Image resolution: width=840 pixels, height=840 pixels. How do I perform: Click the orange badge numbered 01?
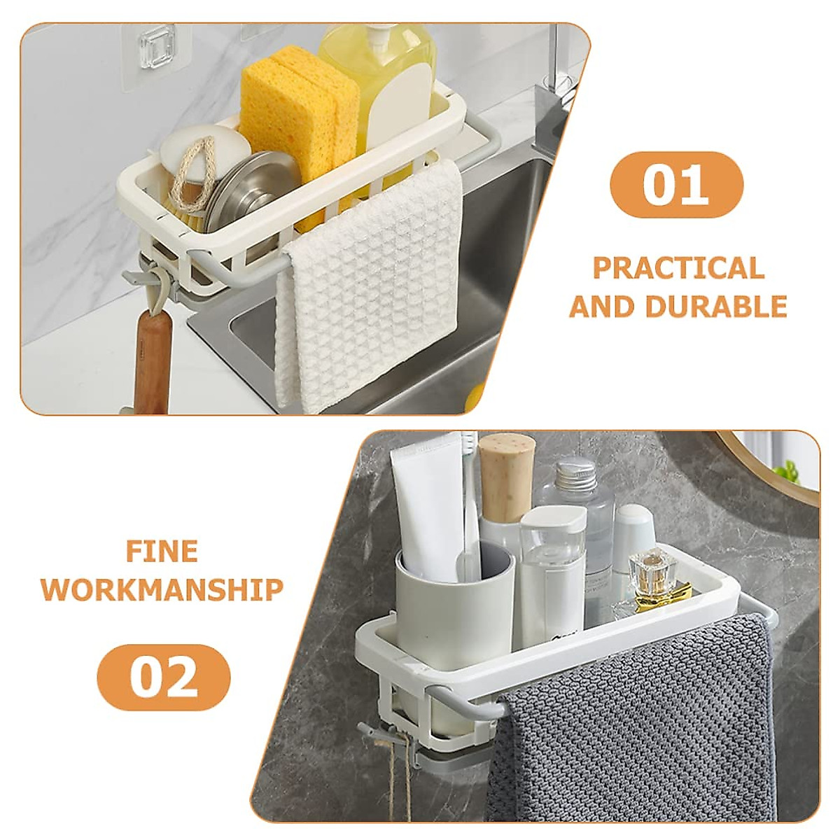(676, 185)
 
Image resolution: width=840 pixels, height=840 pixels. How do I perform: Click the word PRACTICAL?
(678, 269)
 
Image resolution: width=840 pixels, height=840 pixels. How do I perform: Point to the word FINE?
(162, 552)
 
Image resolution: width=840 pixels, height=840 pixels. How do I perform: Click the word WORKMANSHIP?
(162, 589)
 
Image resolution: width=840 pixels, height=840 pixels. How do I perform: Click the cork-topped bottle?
(507, 468)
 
